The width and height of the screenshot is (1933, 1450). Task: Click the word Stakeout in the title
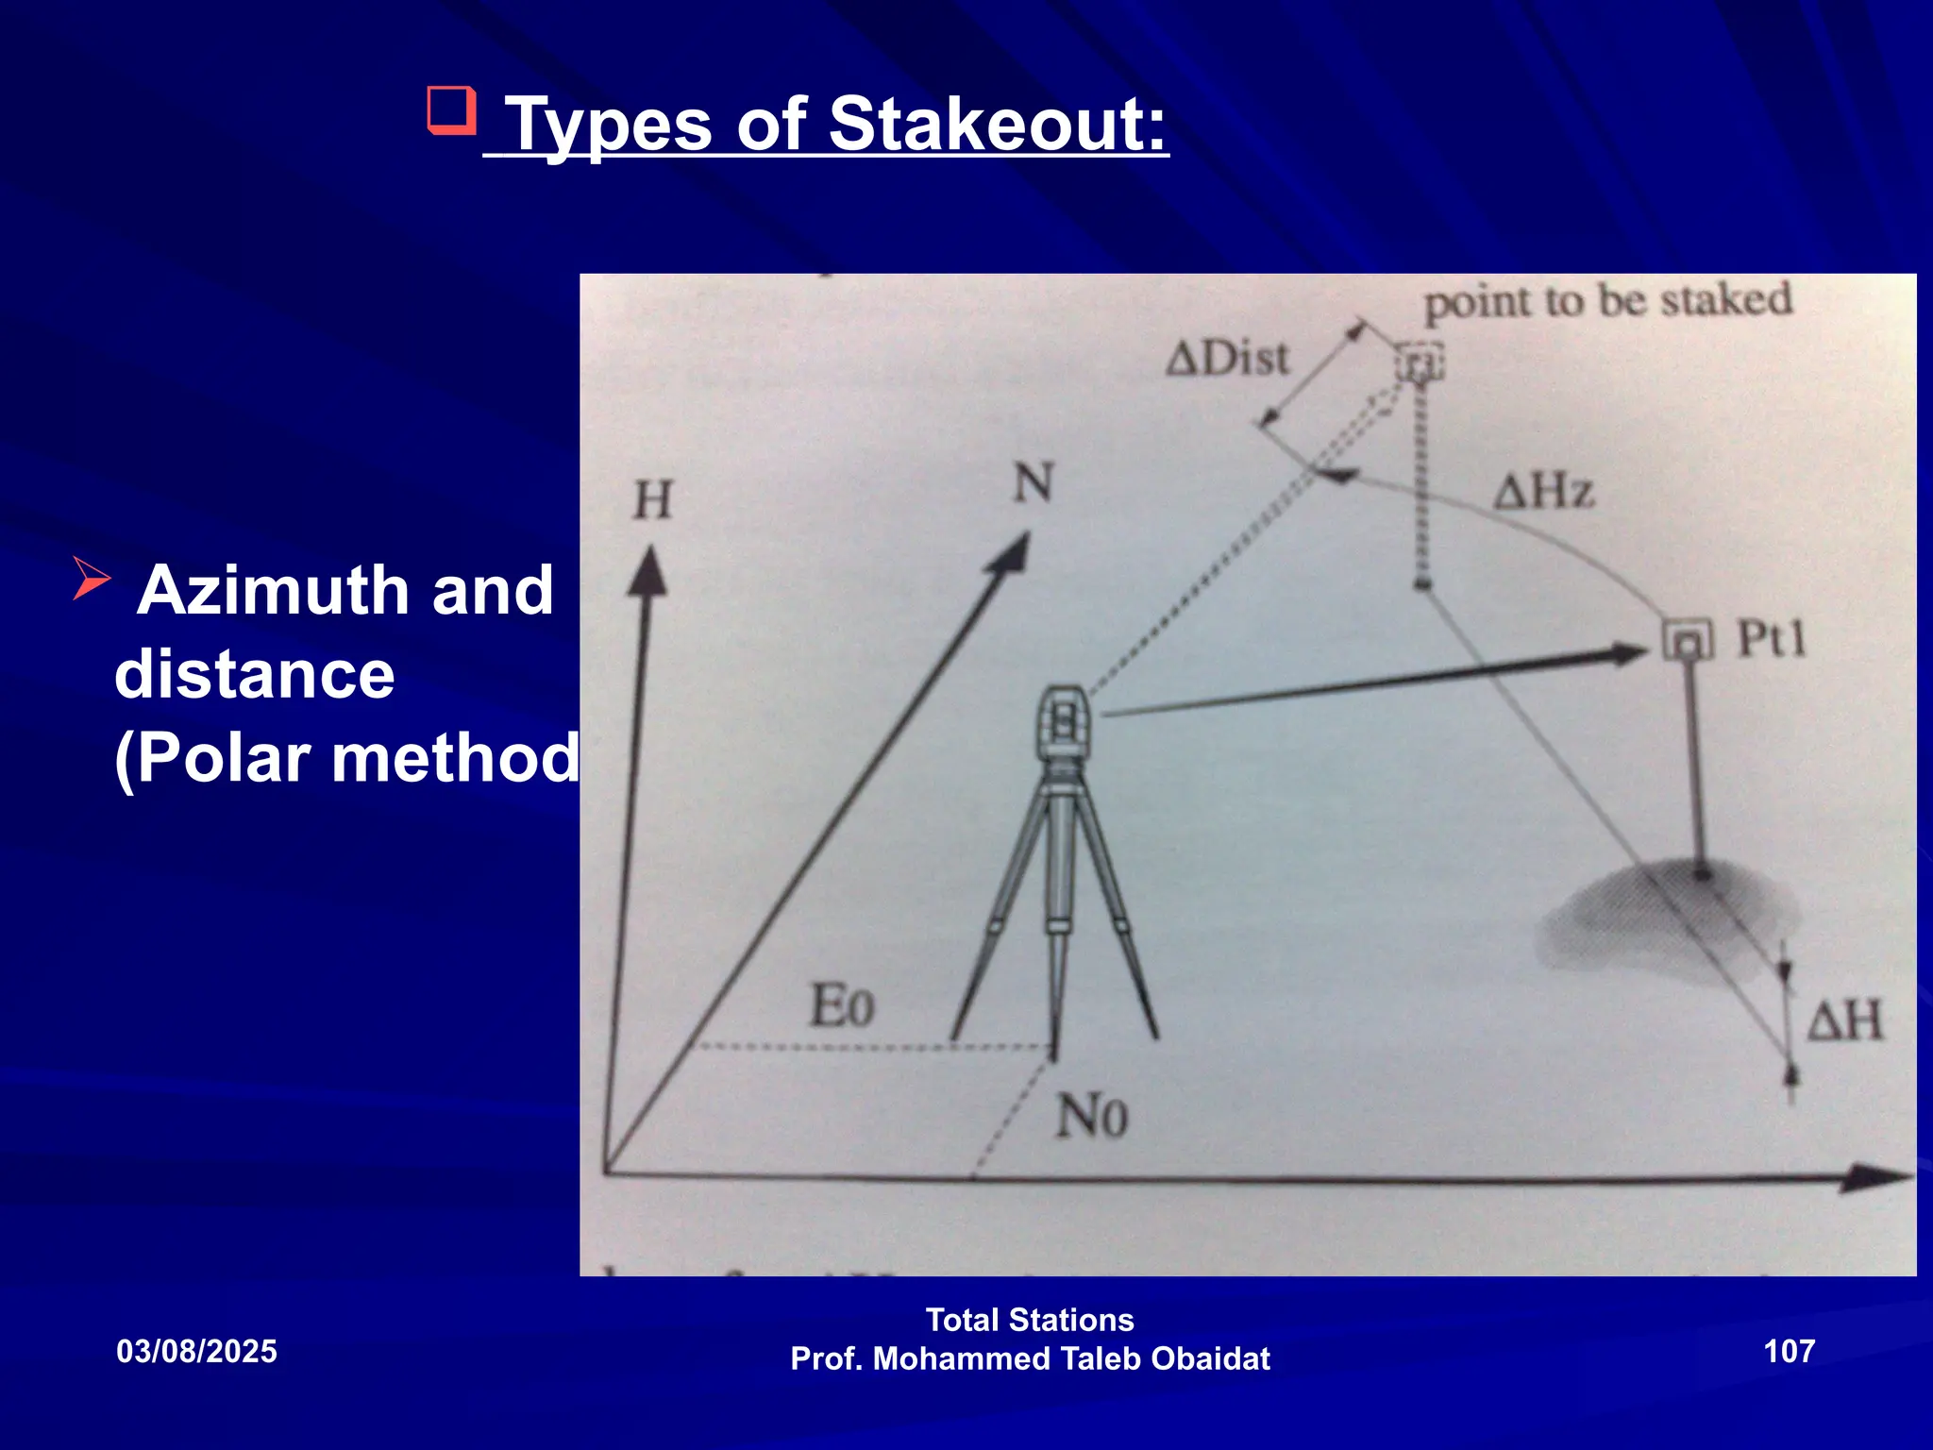pos(998,125)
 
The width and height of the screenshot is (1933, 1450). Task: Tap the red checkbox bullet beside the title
pos(450,110)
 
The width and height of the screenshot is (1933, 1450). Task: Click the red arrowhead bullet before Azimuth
pos(92,578)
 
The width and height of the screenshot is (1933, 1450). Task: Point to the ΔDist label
pos(1227,359)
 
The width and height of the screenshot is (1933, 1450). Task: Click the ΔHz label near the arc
pos(1545,492)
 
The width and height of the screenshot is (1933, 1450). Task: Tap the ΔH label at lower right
pos(1845,1021)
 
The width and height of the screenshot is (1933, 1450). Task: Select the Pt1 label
pos(1772,639)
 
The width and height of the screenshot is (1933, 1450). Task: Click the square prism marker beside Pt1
pos(1687,643)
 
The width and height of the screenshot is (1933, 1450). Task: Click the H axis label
pos(652,500)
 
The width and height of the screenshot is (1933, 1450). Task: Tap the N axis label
pos(1033,483)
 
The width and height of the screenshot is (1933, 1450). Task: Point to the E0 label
pos(842,1005)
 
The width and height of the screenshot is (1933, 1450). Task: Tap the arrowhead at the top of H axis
pos(648,572)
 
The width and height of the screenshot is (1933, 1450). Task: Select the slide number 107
pos(1789,1351)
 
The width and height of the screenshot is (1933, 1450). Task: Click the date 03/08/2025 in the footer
pos(196,1352)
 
